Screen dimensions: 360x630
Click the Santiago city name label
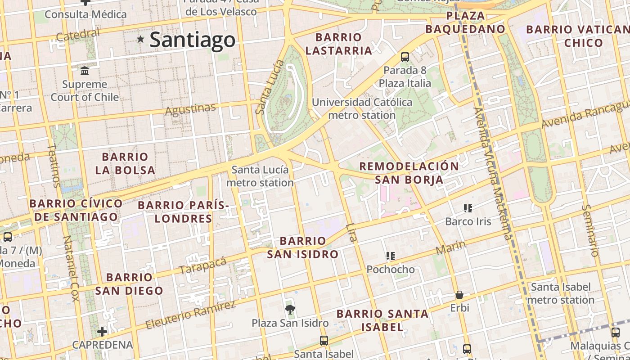coord(192,40)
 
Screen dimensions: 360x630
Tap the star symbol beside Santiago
coord(141,40)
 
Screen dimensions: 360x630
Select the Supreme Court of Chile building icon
coord(85,71)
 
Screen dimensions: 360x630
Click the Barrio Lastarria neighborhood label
coord(339,44)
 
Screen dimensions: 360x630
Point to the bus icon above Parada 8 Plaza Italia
coord(405,57)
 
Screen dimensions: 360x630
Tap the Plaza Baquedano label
coord(465,22)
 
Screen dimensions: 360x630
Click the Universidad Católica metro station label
coord(362,108)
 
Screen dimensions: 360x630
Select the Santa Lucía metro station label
coord(260,176)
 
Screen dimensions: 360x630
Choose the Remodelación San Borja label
coord(409,173)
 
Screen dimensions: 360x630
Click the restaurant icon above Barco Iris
coord(468,208)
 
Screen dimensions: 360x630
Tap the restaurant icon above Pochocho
coord(390,256)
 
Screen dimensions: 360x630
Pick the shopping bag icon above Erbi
coord(459,295)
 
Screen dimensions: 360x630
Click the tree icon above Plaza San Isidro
coord(290,309)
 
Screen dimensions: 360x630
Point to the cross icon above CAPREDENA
coord(103,332)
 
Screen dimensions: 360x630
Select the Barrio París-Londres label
coord(183,212)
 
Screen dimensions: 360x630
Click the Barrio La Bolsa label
coord(125,163)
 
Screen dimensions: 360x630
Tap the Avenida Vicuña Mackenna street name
coord(493,173)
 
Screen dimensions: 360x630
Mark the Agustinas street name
coord(190,108)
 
